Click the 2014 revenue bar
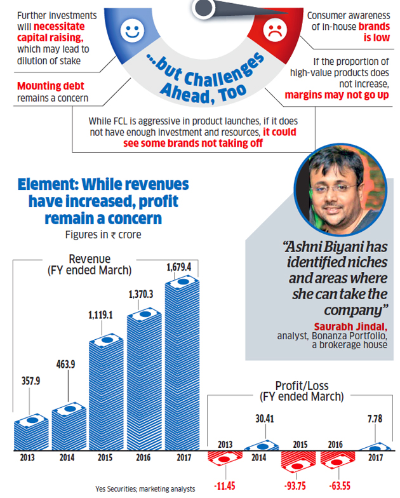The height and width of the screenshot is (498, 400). pos(69,426)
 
